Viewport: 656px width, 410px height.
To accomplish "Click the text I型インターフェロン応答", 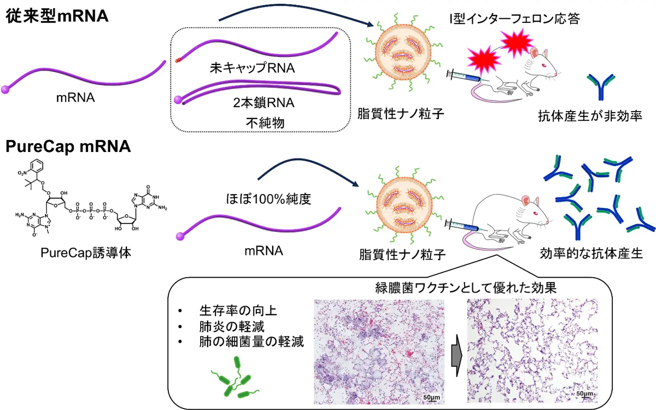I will [x=514, y=19].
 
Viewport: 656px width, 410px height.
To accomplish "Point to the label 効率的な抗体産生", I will [x=591, y=254].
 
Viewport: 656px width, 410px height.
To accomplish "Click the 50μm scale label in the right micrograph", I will [x=584, y=394].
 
